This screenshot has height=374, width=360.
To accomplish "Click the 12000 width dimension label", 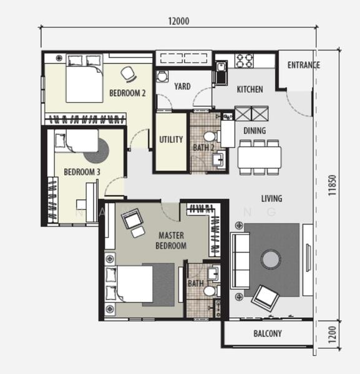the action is (179, 21).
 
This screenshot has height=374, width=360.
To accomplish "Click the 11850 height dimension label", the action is (332, 185).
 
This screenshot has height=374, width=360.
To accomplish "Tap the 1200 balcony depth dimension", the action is (332, 334).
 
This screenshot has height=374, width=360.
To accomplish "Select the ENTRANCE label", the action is (303, 65).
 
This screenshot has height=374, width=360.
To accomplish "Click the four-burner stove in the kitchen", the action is (244, 60).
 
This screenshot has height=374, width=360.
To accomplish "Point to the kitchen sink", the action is (221, 73).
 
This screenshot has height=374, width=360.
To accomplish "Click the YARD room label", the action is (182, 87).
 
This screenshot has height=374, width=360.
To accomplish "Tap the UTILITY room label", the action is (171, 140).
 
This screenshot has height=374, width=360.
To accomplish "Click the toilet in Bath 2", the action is (212, 137).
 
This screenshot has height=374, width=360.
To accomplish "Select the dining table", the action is (260, 158).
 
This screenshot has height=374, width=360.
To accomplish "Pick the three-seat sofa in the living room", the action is (240, 261).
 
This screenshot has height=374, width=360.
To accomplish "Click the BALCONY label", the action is (268, 333).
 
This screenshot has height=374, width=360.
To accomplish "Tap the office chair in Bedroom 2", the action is (129, 74).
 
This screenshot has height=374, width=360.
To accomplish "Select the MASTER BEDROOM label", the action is (171, 241).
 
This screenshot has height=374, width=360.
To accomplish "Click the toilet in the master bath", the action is (212, 291).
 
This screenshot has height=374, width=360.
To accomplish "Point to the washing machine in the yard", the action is (162, 77).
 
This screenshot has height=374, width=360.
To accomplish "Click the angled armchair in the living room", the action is (265, 298).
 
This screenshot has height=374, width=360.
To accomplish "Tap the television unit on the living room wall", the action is (308, 260).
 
